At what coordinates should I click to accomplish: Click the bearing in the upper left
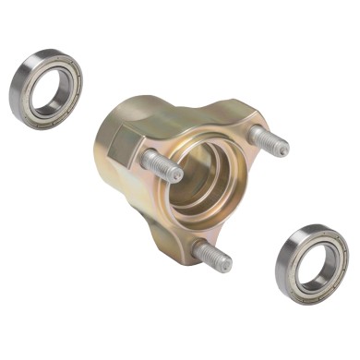coord(46,90)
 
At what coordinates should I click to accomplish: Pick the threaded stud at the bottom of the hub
coord(212,256)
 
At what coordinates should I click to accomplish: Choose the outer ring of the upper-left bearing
coord(20,74)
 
